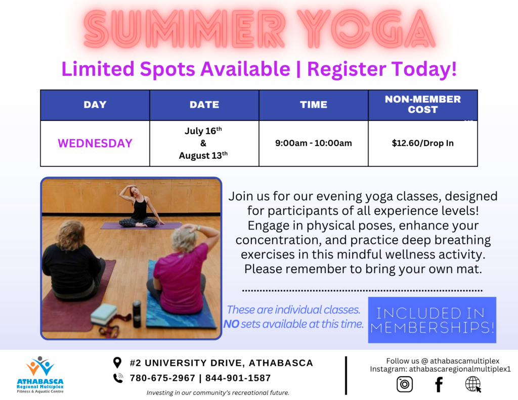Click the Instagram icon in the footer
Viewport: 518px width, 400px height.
pos(405,384)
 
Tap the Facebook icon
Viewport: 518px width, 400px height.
pos(439,384)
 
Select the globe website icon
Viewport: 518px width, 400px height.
pos(473,384)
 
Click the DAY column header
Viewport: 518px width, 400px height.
pos(95,105)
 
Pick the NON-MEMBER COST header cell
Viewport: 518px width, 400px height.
pos(423,105)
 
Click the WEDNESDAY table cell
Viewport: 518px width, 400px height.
pos(95,143)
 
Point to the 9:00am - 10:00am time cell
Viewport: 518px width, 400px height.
pos(314,143)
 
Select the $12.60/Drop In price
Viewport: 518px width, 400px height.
pos(423,143)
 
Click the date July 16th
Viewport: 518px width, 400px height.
pos(203,131)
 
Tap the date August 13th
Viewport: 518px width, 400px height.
pos(203,155)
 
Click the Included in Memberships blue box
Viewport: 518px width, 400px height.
pos(432,320)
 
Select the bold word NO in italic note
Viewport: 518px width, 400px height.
pos(231,324)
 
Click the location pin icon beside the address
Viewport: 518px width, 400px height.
pos(117,363)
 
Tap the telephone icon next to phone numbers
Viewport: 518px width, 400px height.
pos(118,378)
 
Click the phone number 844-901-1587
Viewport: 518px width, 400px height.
pos(238,378)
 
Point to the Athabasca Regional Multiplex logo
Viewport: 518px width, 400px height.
pos(40,375)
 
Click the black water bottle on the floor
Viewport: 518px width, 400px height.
pos(137,314)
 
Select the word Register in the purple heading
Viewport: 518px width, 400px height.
pos(347,69)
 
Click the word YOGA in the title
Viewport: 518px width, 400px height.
pos(366,29)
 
